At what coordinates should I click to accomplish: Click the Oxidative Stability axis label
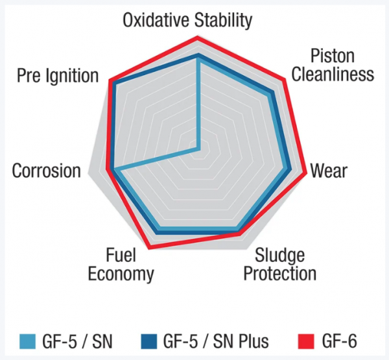[x=187, y=20]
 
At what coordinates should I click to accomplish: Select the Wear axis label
[x=329, y=171]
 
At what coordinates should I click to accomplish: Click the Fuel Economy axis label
[x=121, y=264]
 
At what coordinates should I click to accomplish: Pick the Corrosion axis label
[x=47, y=171]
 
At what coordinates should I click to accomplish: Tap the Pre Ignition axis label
[x=58, y=76]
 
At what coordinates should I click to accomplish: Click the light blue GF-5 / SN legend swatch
[x=27, y=341]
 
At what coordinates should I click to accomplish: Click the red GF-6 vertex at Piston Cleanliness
[x=284, y=81]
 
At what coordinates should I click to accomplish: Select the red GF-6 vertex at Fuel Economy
[x=150, y=247]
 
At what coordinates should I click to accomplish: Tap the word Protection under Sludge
[x=280, y=273]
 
